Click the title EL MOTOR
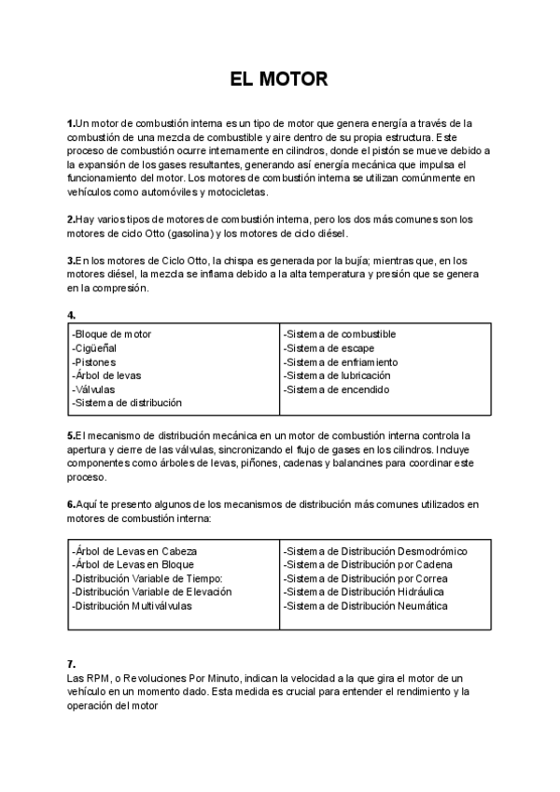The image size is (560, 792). pyautogui.click(x=279, y=79)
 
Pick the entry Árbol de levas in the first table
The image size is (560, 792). pyautogui.click(x=106, y=375)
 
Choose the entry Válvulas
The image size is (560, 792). pyautogui.click(x=94, y=389)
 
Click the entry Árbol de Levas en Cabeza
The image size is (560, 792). pyautogui.click(x=134, y=551)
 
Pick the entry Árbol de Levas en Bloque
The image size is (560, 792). pyautogui.click(x=133, y=564)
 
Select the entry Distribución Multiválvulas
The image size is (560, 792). pyautogui.click(x=132, y=605)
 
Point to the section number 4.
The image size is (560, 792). pyautogui.click(x=71, y=316)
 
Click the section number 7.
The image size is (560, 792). pyautogui.click(x=71, y=663)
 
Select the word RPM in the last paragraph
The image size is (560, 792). pyautogui.click(x=93, y=677)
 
